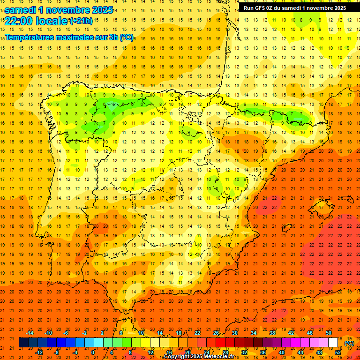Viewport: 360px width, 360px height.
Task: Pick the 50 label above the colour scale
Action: [329, 333]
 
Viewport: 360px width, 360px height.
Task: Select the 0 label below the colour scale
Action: [93, 352]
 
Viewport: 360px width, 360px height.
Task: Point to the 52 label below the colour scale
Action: [338, 352]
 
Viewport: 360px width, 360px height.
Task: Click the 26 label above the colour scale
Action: [216, 333]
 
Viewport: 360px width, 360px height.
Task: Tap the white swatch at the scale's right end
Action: [333, 343]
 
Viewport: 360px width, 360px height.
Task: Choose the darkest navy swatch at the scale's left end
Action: [23, 343]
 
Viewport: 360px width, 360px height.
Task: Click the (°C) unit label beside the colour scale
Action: [349, 343]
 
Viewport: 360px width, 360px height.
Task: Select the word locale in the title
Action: [51, 21]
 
